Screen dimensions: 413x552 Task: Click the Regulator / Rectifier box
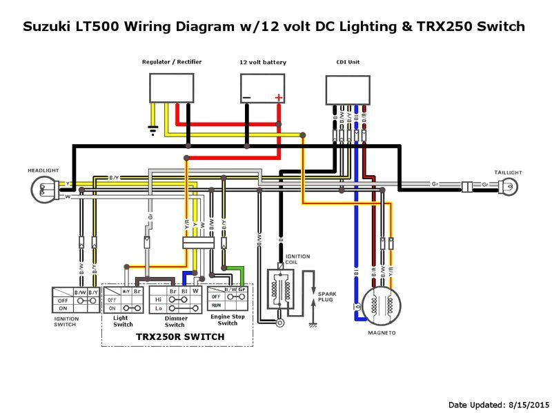pos(172,88)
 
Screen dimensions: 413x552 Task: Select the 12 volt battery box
pos(262,88)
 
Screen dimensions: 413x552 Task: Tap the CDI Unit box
pos(348,89)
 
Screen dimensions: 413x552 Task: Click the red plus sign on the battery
pos(278,97)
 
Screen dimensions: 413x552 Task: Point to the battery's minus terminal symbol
pos(246,98)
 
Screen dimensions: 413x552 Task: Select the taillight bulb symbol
pos(509,185)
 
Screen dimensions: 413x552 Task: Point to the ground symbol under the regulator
pos(153,128)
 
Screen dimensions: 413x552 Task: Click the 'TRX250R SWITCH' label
pos(179,336)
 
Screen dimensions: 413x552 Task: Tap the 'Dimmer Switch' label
pos(175,321)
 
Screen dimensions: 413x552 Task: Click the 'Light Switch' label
pos(123,321)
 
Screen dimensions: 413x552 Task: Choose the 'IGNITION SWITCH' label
pos(66,321)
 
